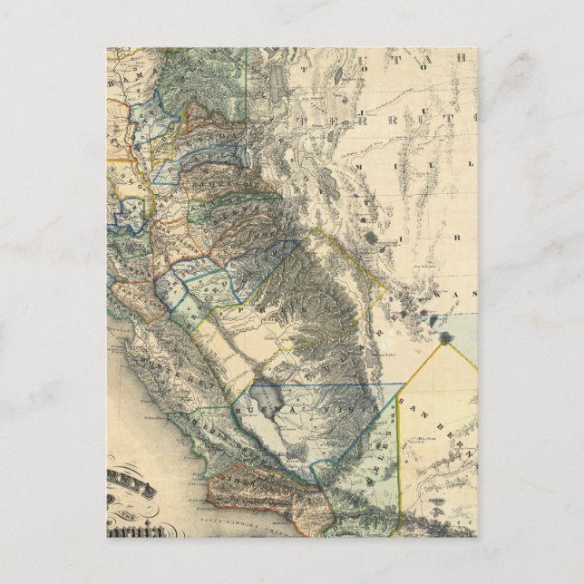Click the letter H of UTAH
click(462, 57)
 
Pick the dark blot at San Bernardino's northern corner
click(445, 340)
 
